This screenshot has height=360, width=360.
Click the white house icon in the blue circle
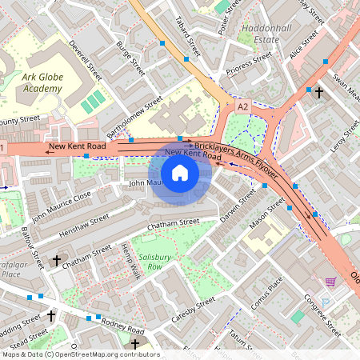[180, 173]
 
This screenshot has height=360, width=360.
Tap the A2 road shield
[242, 106]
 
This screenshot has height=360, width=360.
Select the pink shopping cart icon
[330, 282]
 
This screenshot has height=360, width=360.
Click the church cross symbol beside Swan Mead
[318, 93]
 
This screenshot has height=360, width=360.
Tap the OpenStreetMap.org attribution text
[104, 354]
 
